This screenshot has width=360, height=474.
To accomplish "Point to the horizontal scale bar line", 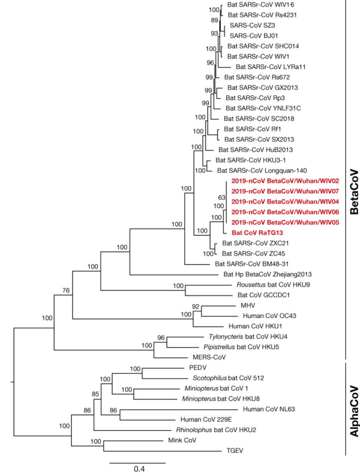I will [137, 461].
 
